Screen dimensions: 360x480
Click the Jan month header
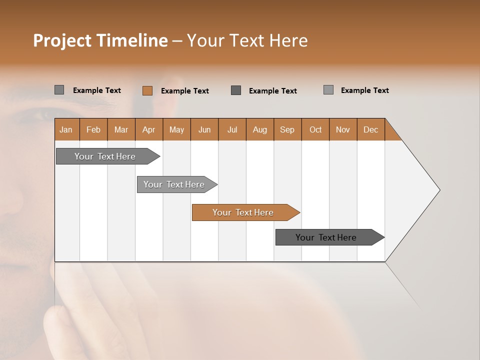point(66,129)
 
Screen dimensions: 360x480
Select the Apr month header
point(149,129)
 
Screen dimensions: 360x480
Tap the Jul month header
point(232,129)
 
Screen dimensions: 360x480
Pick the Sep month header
point(287,129)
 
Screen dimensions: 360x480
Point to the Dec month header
point(370,129)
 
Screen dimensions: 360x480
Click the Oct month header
point(315,129)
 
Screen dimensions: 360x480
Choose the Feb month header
point(93,129)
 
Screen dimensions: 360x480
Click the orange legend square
point(147,90)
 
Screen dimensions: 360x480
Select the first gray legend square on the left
point(59,90)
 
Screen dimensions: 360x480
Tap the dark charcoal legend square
point(236,90)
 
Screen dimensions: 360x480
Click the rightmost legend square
point(328,90)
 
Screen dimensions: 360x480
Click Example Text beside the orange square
point(184,91)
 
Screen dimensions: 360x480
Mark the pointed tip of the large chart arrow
point(439,189)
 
